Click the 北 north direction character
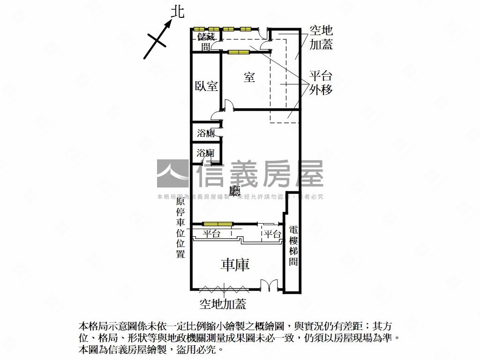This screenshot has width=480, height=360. point(178,12)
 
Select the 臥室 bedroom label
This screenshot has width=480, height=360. point(206,86)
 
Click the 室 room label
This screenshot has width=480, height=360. point(249,77)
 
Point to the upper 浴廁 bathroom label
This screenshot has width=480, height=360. point(206,133)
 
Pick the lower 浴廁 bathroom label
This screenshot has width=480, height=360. point(206,153)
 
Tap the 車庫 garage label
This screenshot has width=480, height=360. point(235,264)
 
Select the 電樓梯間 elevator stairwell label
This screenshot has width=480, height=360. point(293,246)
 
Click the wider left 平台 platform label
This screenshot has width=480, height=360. point(211,234)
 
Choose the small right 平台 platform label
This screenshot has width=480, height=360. point(272,234)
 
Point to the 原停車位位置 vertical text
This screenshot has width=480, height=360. point(180,228)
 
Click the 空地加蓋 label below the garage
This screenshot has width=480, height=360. point(223,304)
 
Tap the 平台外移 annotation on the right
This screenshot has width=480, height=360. point(321,83)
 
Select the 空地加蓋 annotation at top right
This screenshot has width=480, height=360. point(321,37)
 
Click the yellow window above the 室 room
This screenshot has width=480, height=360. point(239,52)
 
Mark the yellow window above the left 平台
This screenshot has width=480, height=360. point(217,224)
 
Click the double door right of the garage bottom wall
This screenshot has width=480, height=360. point(269,285)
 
